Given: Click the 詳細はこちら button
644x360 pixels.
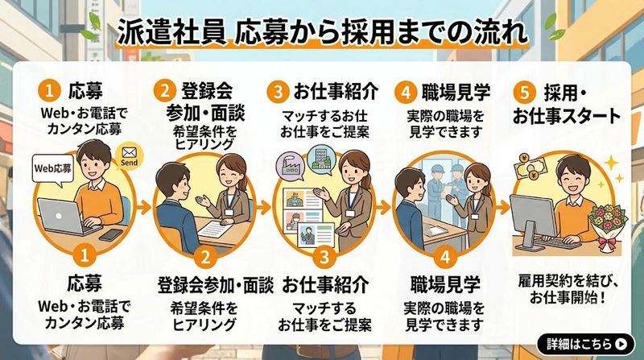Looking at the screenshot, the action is click(x=586, y=344).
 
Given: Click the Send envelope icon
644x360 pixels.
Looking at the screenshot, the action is click(x=129, y=156).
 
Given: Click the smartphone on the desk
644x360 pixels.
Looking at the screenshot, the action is click(x=111, y=235).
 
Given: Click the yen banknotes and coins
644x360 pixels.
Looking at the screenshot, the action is click(x=530, y=168).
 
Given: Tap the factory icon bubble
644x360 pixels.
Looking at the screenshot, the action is click(x=291, y=167).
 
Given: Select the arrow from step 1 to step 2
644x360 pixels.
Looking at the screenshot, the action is click(x=143, y=208).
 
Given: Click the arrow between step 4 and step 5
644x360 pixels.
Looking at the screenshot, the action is click(x=502, y=208).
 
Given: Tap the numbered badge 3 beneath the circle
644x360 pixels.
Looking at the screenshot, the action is click(x=324, y=256).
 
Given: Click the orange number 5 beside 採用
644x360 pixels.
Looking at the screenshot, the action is click(x=525, y=92).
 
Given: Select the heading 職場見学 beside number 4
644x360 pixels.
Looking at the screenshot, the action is click(x=456, y=92).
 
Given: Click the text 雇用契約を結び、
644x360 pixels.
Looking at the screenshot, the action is click(x=568, y=282).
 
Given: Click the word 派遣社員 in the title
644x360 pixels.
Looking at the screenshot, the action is click(x=171, y=33).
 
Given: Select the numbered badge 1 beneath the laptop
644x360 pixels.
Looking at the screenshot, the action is click(x=85, y=255).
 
